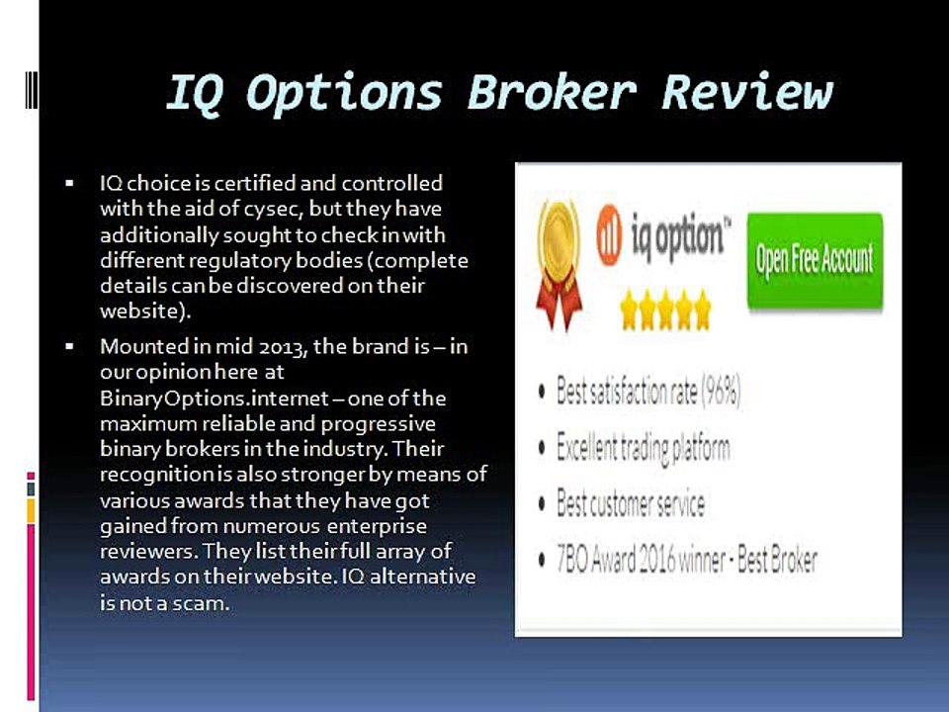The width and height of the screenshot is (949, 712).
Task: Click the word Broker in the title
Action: click(x=551, y=92)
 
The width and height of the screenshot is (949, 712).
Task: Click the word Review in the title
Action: click(x=747, y=92)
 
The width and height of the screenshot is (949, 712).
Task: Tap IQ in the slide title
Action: click(x=194, y=94)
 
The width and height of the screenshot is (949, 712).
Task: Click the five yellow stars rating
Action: click(x=664, y=311)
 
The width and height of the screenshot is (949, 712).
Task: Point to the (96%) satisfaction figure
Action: click(x=720, y=392)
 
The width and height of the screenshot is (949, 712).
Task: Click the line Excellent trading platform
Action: click(x=643, y=448)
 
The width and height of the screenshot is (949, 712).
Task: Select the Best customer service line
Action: click(x=631, y=504)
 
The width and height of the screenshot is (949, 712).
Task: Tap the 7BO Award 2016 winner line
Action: click(x=687, y=561)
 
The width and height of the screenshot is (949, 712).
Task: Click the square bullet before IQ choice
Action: click(x=70, y=184)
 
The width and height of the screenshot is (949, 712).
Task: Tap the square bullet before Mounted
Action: click(x=70, y=348)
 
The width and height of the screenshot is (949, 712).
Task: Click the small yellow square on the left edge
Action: click(x=31, y=508)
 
